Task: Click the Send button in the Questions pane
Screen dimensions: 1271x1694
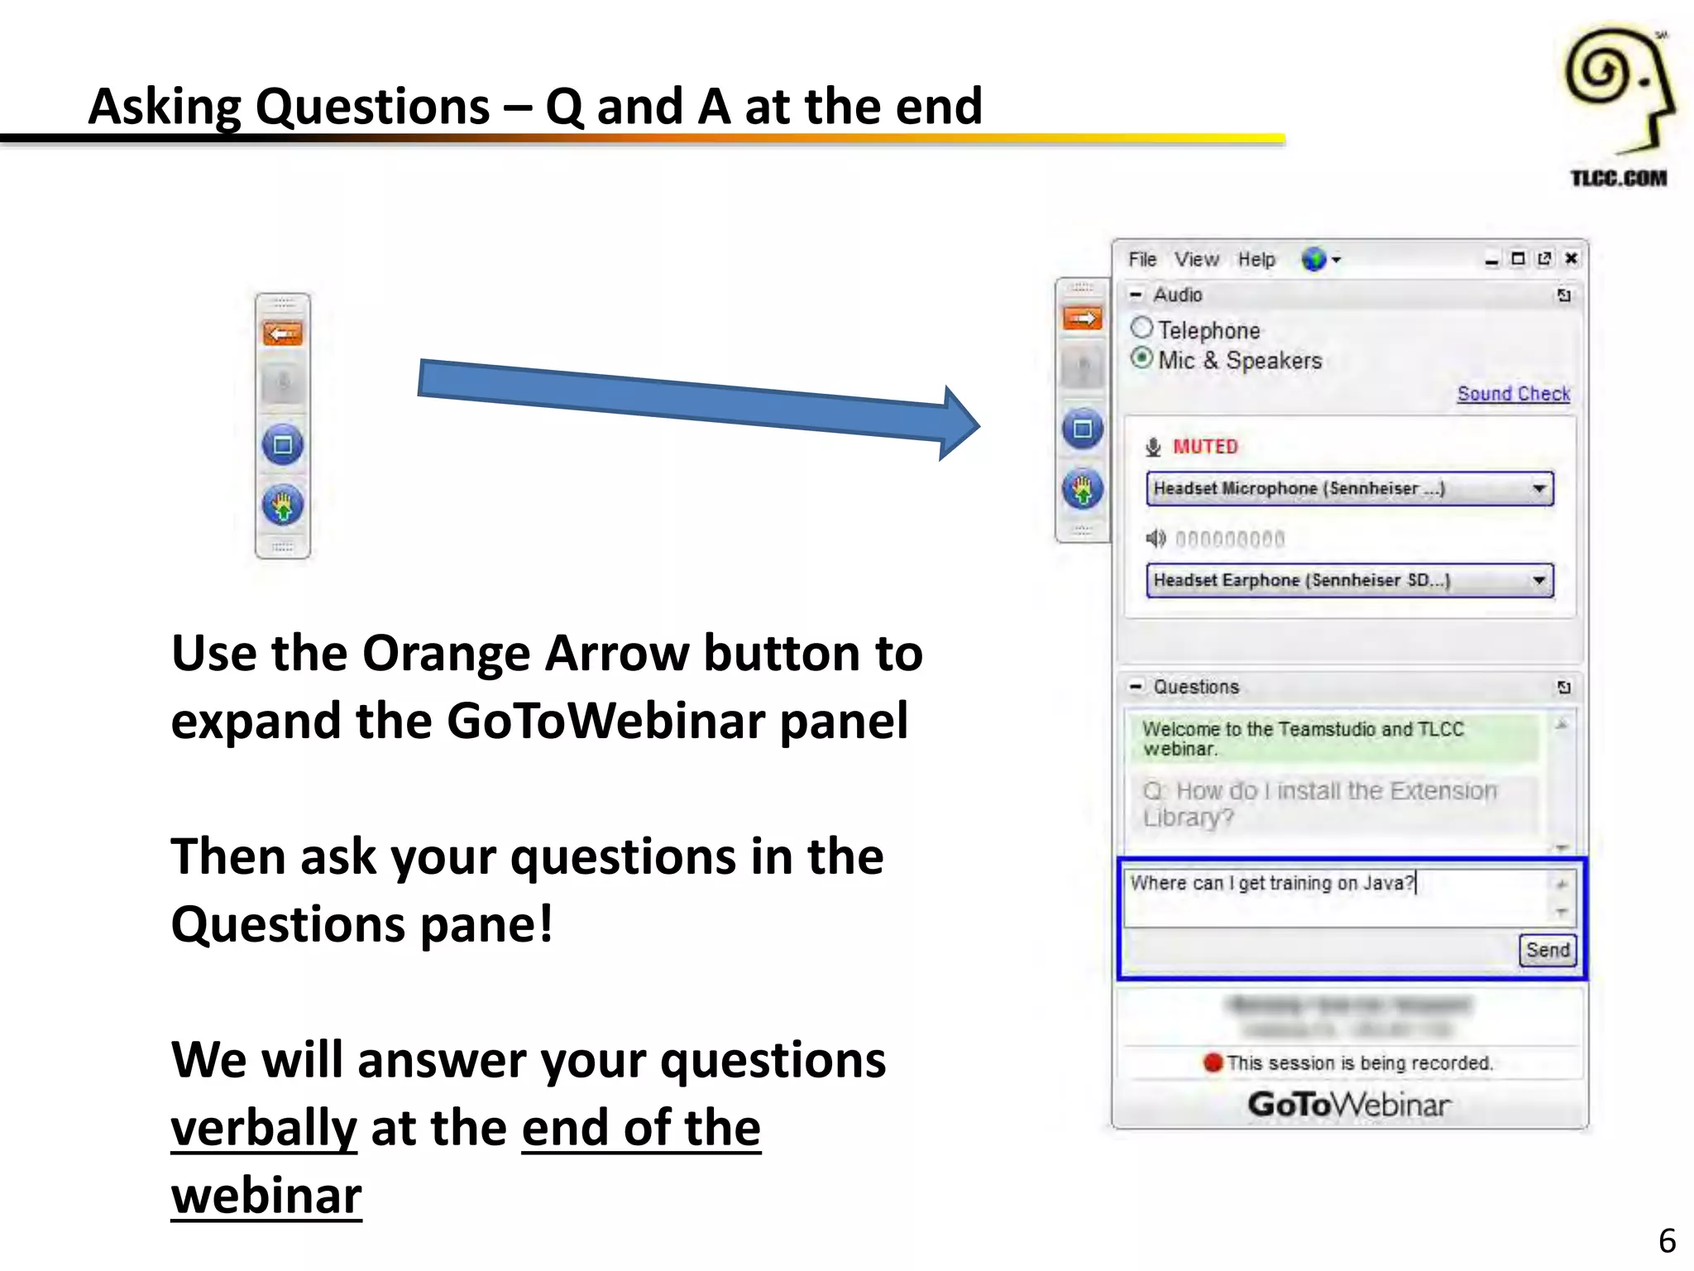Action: pos(1548,950)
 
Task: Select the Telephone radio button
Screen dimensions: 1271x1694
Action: pos(1141,329)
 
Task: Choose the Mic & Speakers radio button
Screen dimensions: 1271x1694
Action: pos(1141,358)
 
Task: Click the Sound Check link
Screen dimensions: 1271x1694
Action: pos(1513,394)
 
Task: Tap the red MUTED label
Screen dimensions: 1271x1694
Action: pos(1205,447)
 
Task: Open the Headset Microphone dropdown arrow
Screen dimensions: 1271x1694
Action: pos(1538,488)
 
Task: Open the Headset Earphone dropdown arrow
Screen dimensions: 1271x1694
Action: pos(1538,580)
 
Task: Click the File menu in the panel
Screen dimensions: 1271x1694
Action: pos(1142,260)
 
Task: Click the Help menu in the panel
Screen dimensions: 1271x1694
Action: pos(1256,260)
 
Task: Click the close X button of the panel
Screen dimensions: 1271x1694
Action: pos(1572,258)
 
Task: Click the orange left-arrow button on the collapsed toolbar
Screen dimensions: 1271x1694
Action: pos(283,334)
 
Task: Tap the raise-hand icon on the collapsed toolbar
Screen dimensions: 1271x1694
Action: pos(283,505)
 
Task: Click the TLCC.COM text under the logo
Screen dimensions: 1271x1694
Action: pos(1618,178)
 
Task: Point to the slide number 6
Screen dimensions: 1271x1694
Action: pos(1667,1240)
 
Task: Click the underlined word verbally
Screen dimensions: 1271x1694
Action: pos(264,1128)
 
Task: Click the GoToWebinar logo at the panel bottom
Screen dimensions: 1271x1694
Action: pos(1349,1105)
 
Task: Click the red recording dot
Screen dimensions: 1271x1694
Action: pos(1213,1062)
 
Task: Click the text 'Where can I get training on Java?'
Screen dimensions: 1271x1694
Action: pos(1272,883)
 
